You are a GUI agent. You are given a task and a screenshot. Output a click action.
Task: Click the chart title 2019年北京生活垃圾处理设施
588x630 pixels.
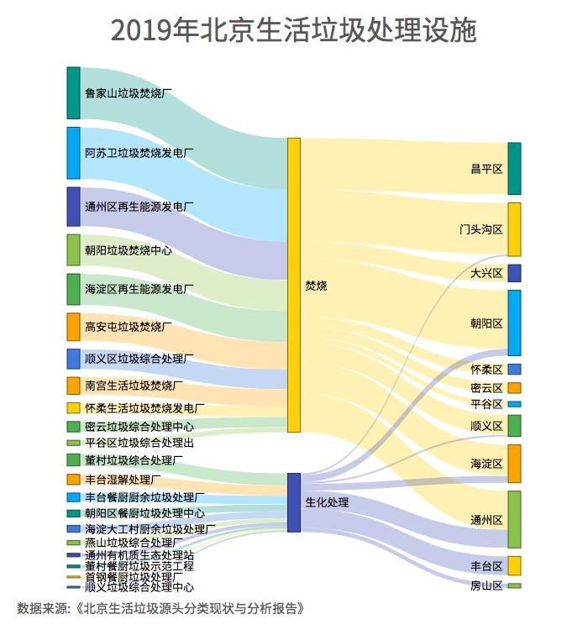point(293,31)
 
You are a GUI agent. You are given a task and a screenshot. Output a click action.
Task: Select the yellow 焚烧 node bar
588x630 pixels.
point(294,285)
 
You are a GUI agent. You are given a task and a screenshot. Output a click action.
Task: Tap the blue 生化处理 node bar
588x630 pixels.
point(294,501)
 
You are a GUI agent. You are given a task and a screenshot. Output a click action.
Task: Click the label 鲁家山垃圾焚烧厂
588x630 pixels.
point(129,93)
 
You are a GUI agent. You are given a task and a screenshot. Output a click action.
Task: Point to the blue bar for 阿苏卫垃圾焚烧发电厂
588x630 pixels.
point(73,153)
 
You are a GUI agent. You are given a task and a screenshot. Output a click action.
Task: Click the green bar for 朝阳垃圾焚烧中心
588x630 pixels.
point(73,250)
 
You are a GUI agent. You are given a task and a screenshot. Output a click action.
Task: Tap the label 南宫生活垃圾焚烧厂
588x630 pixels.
point(134,386)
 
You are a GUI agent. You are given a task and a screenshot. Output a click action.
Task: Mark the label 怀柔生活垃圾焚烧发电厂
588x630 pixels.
point(144,408)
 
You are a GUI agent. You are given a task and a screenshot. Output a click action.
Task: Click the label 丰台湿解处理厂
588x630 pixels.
point(123,480)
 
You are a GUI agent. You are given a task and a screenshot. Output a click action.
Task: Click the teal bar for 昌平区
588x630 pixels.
point(514,169)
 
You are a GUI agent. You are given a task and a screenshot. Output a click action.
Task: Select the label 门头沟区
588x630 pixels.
point(480,229)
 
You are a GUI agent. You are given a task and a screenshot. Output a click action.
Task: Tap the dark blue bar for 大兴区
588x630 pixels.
point(514,273)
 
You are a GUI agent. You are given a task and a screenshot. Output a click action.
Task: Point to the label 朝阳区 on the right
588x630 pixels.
point(486,323)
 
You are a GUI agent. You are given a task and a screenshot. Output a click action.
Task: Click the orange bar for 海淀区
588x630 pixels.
point(514,464)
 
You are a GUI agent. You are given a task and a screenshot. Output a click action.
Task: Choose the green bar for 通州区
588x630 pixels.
point(514,519)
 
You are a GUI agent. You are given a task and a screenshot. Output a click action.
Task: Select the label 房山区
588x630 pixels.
point(486,585)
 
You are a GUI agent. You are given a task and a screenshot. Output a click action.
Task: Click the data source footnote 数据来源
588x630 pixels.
point(160,608)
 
